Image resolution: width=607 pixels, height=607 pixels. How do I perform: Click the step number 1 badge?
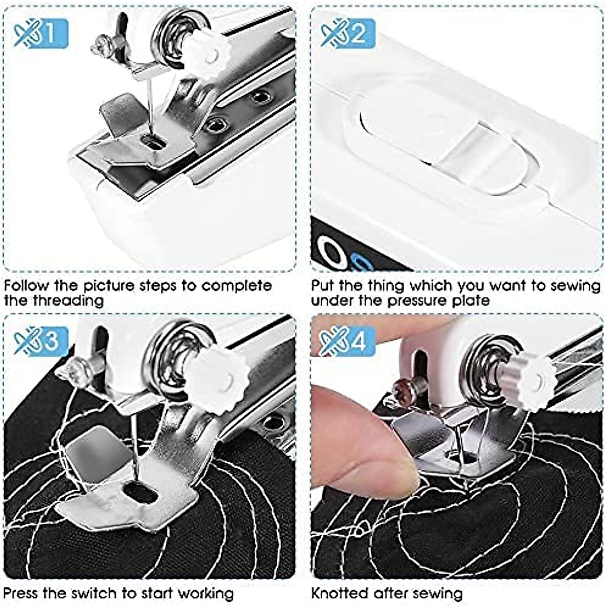tap(40, 33)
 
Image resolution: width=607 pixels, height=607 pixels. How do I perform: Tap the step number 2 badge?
tap(348, 33)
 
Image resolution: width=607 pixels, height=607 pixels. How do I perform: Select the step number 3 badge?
tap(40, 341)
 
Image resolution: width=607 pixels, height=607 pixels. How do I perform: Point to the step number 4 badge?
tap(348, 341)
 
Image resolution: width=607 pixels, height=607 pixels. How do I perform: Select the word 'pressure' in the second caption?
tap(420, 301)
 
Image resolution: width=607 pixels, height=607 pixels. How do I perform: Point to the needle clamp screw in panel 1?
tap(100, 45)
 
